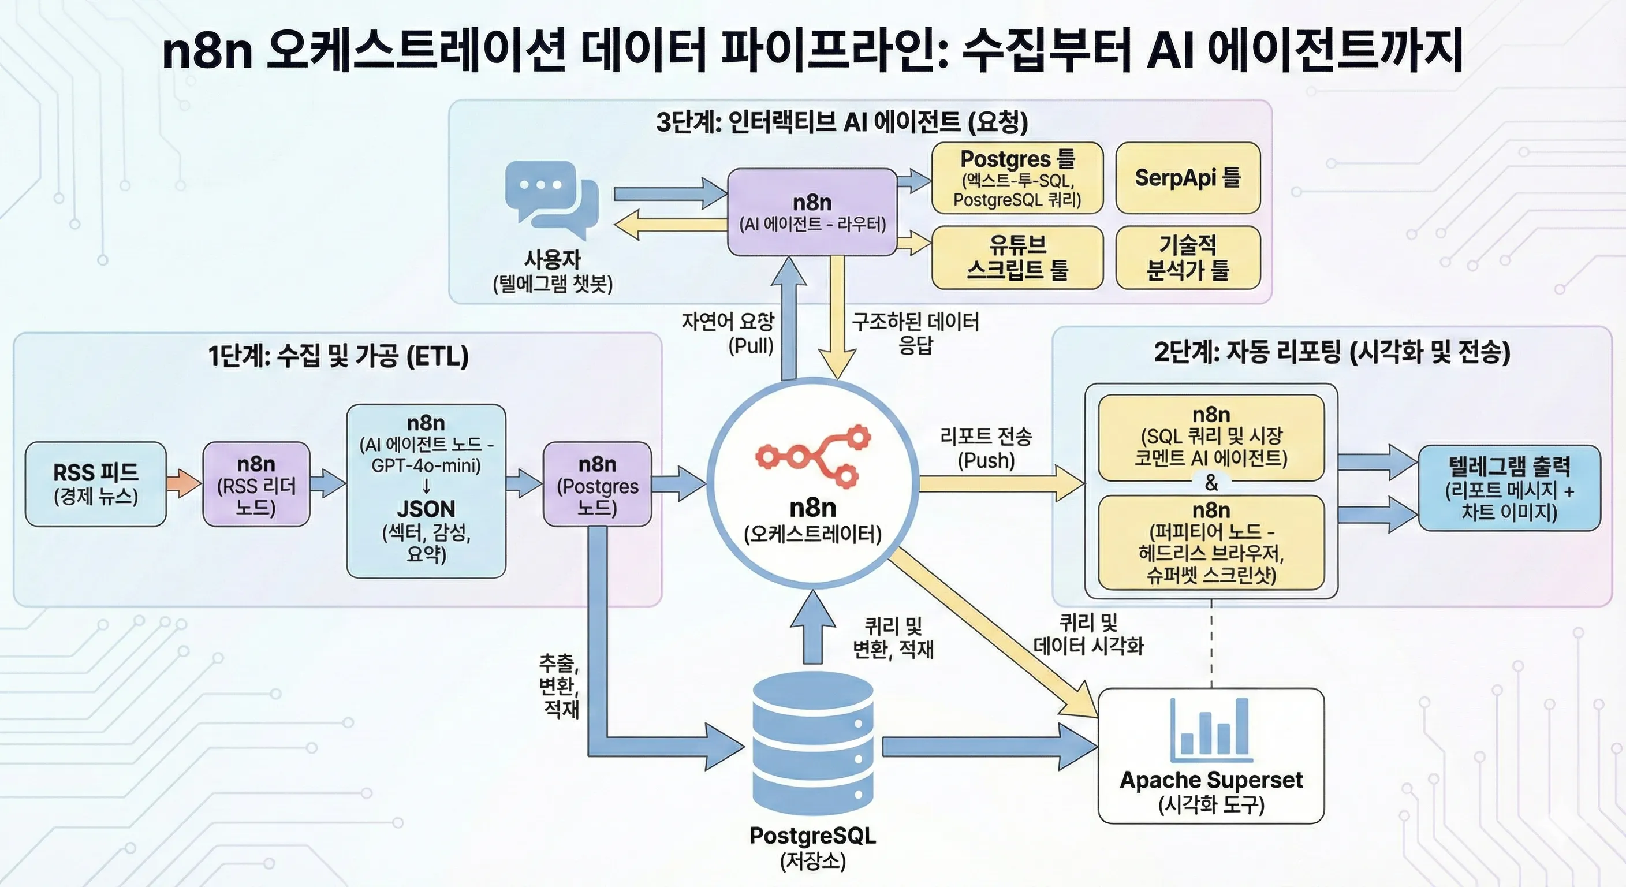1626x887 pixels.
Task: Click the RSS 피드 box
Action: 95,483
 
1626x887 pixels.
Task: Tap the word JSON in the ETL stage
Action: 426,509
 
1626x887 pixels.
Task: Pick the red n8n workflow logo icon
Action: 813,456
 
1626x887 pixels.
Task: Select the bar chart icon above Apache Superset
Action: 1211,729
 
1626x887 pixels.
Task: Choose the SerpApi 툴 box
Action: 1187,177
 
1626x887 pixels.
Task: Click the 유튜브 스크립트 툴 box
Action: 1017,258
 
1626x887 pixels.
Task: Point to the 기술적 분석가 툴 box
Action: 1187,258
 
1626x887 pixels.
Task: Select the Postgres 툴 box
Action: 1017,177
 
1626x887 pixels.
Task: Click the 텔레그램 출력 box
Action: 1509,488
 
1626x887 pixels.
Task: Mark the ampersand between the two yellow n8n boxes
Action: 1211,483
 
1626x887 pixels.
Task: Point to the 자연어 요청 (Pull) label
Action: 727,333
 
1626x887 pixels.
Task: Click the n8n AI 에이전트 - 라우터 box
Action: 812,212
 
